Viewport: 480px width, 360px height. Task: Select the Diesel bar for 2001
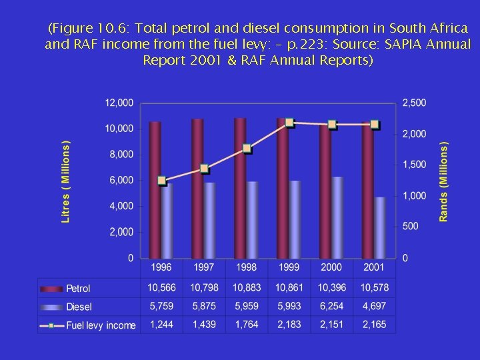[x=379, y=227]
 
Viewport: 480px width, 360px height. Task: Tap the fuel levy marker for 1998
[x=247, y=149]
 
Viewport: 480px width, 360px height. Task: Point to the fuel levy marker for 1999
[x=289, y=123]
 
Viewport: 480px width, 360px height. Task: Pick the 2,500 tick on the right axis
[x=413, y=103]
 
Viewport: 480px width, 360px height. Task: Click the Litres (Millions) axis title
[x=66, y=181]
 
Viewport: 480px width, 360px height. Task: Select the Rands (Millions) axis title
[x=443, y=181]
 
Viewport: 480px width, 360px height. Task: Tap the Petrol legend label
[x=78, y=289]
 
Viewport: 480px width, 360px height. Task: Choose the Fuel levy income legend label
[x=101, y=325]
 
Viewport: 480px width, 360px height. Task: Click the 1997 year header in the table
[x=203, y=267]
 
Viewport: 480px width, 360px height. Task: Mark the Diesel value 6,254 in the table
[x=331, y=307]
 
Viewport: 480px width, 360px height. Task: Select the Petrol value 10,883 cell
[x=246, y=288]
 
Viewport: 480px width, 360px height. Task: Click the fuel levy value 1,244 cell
[x=161, y=325]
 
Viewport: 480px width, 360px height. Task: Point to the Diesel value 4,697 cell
[x=374, y=307]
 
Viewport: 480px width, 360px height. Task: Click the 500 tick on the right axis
[x=410, y=227]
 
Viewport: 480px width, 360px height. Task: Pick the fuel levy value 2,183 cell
[x=289, y=325]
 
